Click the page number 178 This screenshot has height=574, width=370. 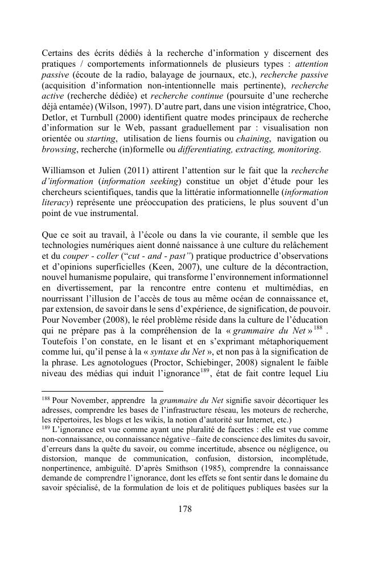tap(184, 509)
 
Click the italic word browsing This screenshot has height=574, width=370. tap(59, 150)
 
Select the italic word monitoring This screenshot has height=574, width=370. tap(299, 150)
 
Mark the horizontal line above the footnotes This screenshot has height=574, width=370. tap(102, 391)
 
